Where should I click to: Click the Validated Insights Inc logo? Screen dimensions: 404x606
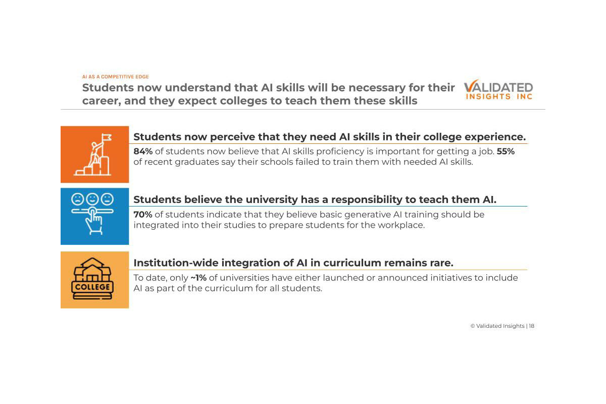tap(498, 90)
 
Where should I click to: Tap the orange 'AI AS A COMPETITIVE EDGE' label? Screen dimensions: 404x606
tap(115, 77)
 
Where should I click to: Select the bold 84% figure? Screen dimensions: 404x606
tap(143, 151)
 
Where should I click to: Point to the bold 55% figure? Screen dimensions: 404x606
tap(506, 151)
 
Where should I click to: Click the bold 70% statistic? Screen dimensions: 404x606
tap(143, 215)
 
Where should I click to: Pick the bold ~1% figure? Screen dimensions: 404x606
tap(198, 278)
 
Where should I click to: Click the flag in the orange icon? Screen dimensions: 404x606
tap(106, 137)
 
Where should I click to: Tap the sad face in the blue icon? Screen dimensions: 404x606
tap(78, 199)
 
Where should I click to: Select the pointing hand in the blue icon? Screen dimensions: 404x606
tap(94, 221)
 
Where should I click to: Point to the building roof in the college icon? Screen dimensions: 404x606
tap(93, 265)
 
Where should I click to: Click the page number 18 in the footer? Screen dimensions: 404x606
tap(531, 326)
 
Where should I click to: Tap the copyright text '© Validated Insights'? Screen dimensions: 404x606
tap(497, 326)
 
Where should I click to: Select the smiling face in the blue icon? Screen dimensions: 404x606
tap(93, 199)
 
